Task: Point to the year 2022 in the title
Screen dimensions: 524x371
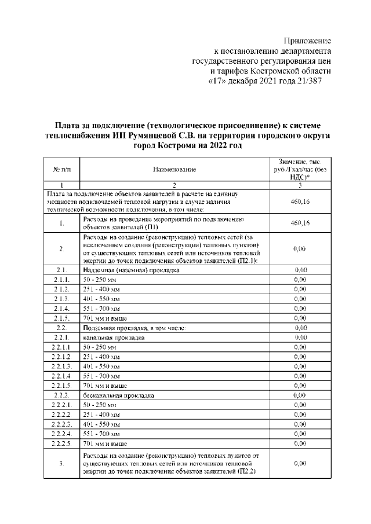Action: tap(208, 145)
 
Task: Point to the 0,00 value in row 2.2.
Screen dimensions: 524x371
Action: tap(300, 328)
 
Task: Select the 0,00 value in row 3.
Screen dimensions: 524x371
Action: tap(300, 464)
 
